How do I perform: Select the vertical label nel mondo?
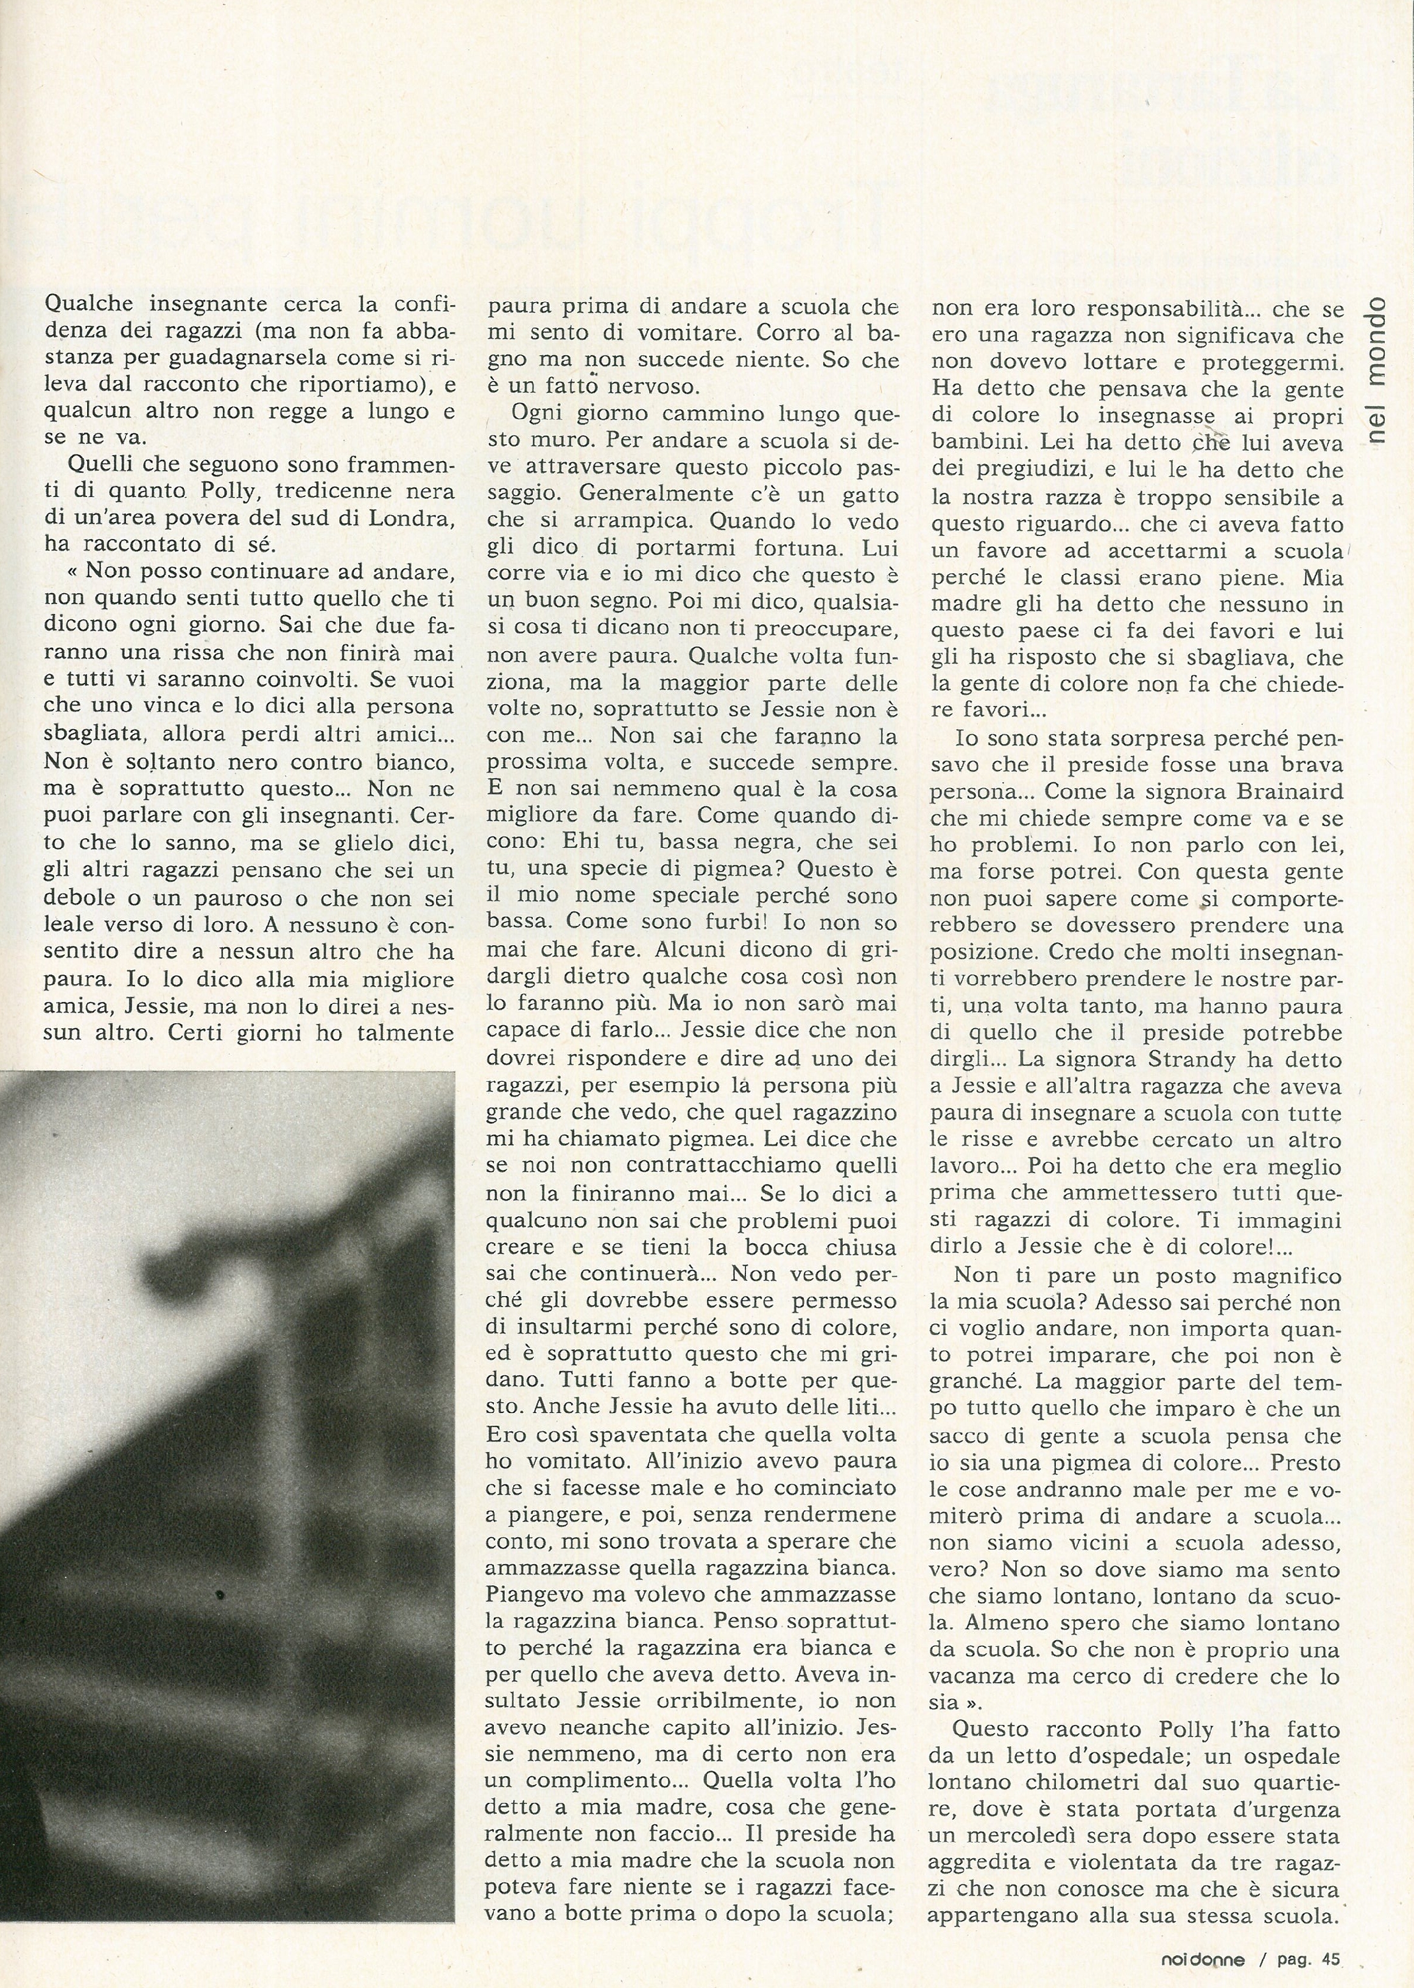pyautogui.click(x=1376, y=371)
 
